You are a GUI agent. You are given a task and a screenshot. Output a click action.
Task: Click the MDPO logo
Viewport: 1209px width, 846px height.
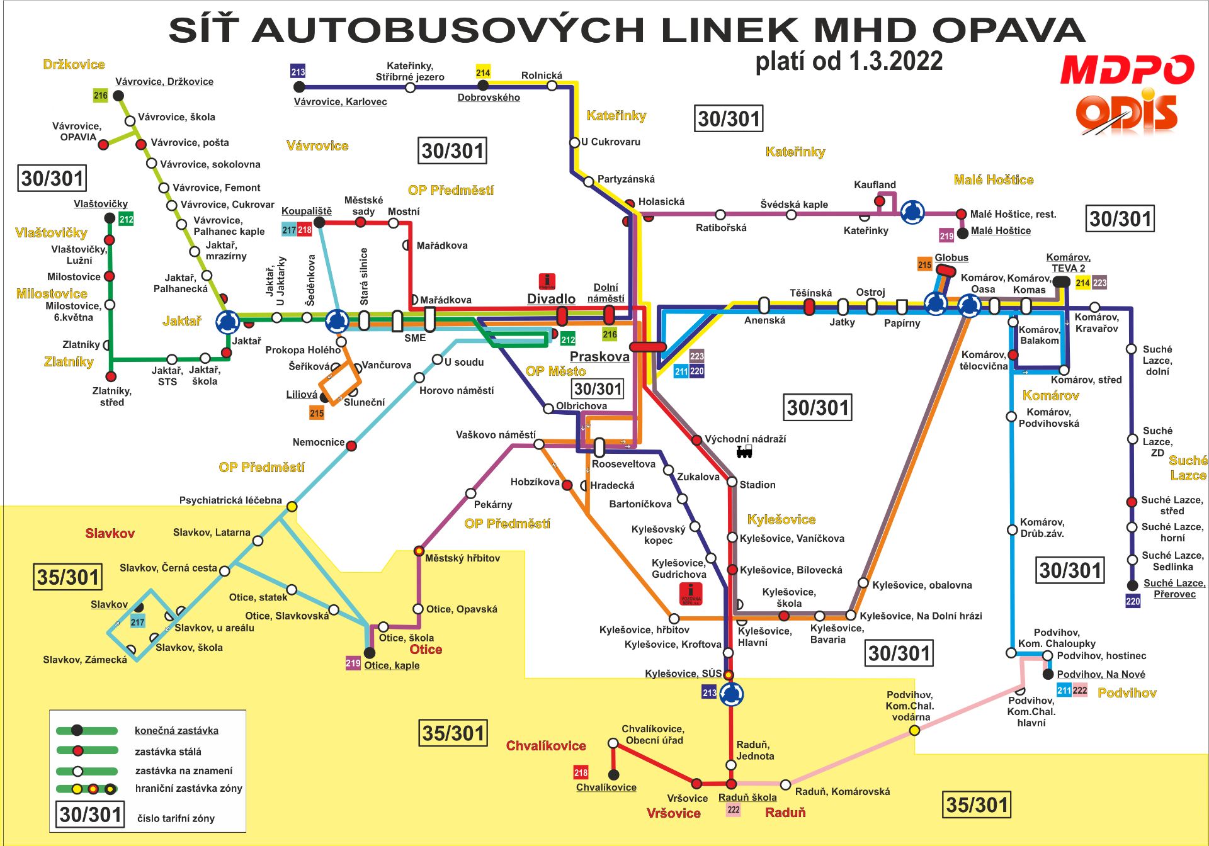[1127, 69]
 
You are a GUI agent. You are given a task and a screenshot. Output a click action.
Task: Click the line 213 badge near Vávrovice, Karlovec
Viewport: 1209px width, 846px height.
[298, 71]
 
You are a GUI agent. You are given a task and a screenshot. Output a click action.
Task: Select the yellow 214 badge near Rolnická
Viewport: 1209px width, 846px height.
[483, 72]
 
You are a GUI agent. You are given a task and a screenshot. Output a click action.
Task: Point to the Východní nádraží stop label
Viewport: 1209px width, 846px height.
[745, 439]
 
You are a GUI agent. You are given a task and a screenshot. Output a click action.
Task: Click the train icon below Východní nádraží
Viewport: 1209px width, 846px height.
[744, 451]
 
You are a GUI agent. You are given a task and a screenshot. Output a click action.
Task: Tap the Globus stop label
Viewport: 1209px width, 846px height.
[951, 257]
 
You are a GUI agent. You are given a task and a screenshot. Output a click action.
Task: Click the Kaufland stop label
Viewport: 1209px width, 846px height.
[875, 184]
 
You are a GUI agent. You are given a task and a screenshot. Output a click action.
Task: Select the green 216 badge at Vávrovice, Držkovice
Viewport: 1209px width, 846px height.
[101, 95]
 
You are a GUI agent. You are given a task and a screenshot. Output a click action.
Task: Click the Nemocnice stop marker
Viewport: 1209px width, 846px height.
[351, 446]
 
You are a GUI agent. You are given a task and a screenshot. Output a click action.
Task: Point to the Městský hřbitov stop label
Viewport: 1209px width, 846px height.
[462, 558]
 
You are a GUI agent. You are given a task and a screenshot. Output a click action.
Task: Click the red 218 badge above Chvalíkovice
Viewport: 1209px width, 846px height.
[581, 772]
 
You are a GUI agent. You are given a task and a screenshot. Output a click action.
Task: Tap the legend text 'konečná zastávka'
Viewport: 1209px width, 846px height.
[176, 730]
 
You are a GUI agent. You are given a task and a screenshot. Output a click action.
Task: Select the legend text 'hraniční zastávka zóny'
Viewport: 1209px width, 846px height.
[188, 788]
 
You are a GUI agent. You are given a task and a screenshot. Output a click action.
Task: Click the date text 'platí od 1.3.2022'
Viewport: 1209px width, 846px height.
[849, 61]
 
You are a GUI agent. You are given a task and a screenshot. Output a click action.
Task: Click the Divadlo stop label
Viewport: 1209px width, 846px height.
[551, 298]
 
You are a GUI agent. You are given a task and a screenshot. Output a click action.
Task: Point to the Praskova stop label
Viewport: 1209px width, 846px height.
[599, 356]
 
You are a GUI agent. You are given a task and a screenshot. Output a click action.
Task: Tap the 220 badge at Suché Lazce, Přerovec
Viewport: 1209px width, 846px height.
[1133, 601]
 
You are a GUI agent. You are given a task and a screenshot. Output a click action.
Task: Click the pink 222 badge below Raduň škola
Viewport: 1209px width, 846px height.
[734, 809]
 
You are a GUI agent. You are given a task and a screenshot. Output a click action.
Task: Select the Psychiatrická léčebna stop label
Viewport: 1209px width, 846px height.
[230, 500]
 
